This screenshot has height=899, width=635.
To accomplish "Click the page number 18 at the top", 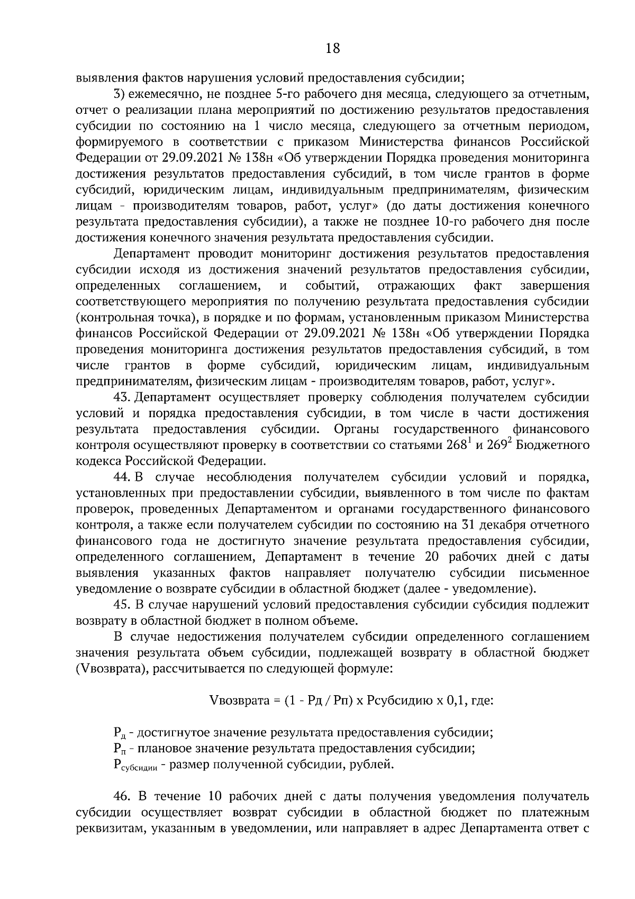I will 332,49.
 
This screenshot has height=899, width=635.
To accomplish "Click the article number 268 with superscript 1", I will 459,445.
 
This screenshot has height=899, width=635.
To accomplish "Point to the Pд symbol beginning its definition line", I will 119,733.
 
